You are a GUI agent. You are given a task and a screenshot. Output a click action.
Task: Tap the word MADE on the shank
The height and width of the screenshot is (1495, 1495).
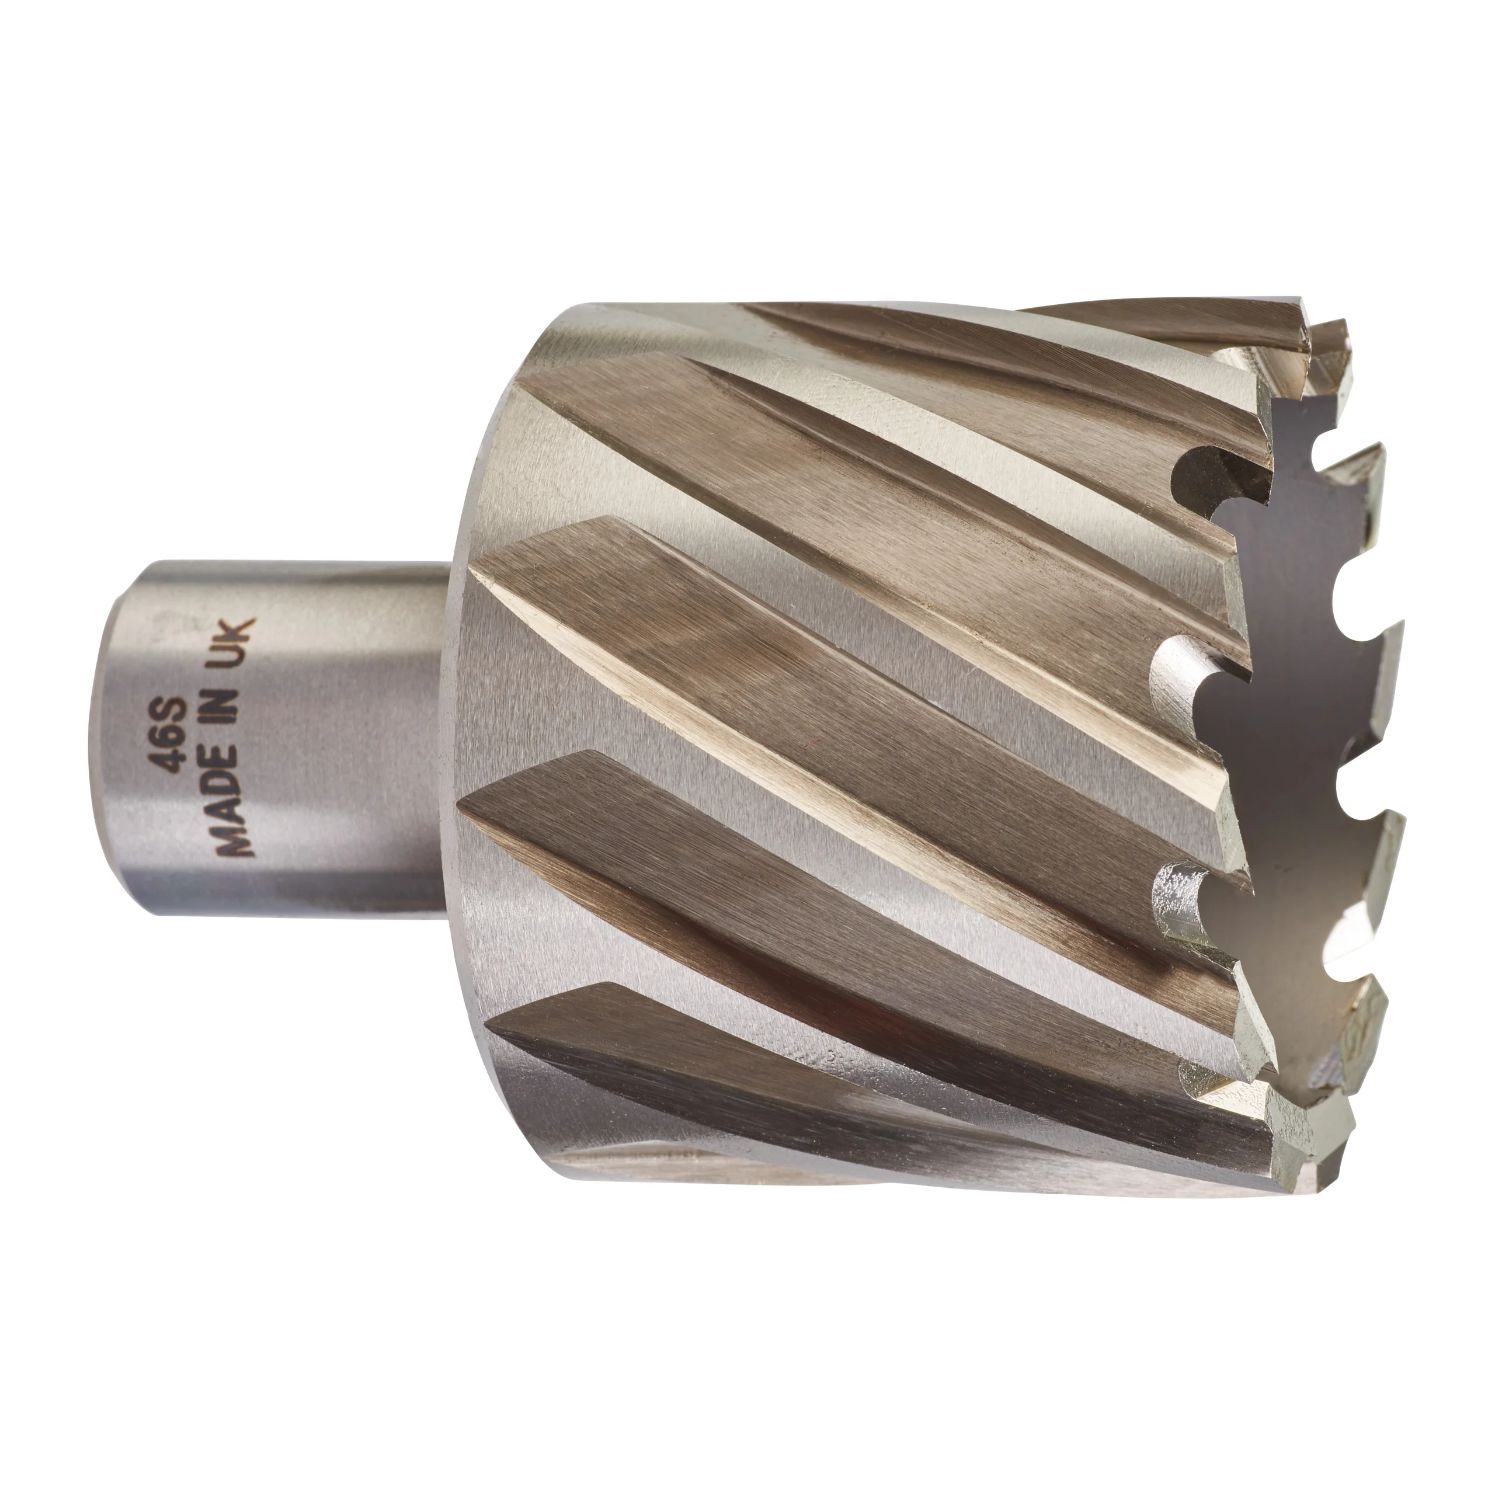point(233,818)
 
